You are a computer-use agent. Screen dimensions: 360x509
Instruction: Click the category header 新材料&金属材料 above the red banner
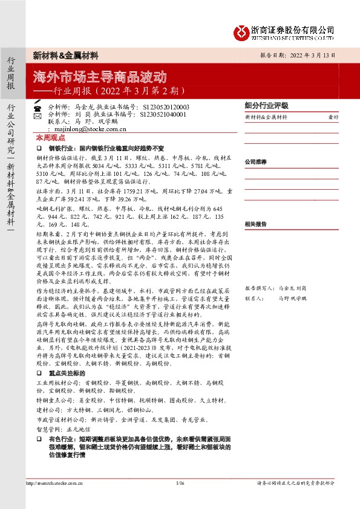coord(65,55)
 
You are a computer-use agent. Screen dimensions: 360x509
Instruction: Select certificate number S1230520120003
coord(165,106)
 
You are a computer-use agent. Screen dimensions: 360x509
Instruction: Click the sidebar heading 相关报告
coord(255,223)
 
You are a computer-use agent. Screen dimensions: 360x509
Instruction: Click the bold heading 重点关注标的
coord(64,374)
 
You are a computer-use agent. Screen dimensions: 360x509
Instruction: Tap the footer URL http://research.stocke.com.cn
coord(54,483)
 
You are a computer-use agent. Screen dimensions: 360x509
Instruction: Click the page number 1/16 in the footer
coord(180,483)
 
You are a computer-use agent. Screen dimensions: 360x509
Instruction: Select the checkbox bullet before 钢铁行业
coord(39,147)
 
